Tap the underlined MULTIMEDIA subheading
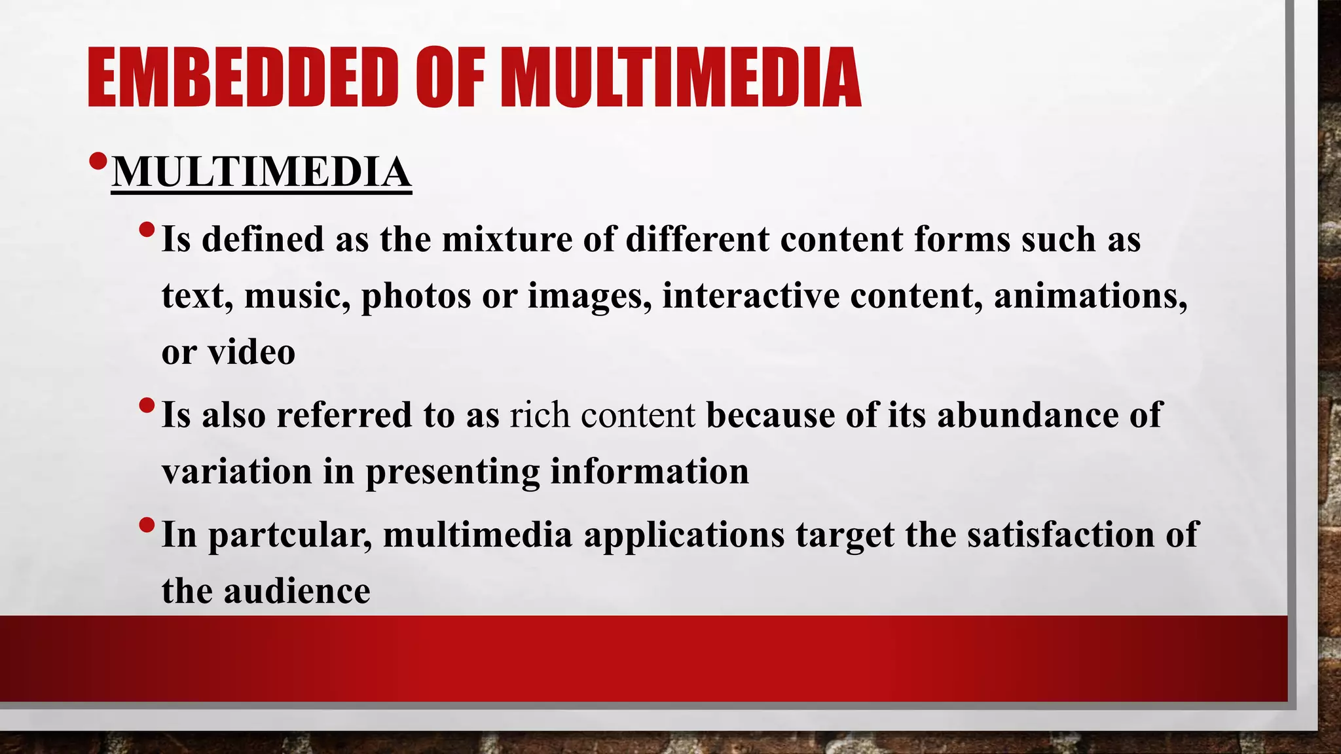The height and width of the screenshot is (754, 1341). [261, 172]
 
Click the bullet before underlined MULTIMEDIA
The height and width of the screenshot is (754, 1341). [98, 161]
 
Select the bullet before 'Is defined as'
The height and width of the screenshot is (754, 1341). [147, 230]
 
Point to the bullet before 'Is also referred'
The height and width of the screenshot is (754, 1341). [147, 406]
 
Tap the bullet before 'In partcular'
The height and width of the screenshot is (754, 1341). [147, 526]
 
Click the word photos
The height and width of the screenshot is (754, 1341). [416, 296]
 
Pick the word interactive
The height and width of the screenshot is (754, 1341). [750, 296]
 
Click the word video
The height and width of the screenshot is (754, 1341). [251, 353]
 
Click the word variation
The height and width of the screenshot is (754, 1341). [236, 472]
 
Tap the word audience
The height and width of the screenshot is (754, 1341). [297, 592]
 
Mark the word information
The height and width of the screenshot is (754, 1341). [649, 472]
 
